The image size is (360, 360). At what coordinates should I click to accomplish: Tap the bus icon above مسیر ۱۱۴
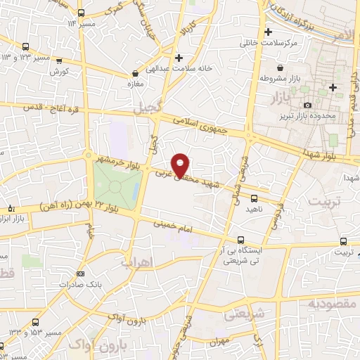[x=82, y=12]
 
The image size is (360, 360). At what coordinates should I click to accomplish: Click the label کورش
[x=58, y=72]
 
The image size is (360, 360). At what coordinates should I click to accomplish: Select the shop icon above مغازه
[x=135, y=72]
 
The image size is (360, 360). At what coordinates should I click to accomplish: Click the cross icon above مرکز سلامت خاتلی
[x=268, y=32]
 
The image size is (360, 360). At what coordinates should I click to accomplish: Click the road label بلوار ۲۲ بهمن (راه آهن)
[x=69, y=208]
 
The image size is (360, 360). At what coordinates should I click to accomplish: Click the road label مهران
[x=217, y=342]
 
